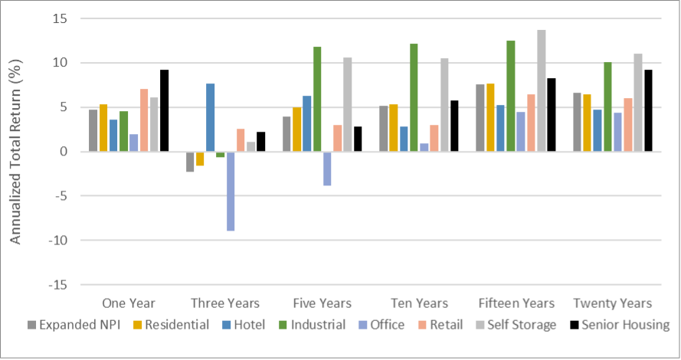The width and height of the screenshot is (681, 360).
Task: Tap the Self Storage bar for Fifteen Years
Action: coord(541,90)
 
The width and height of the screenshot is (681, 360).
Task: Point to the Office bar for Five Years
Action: coord(326,169)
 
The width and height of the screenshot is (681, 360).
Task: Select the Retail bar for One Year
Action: coord(144,120)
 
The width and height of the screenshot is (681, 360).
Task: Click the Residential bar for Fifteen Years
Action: coord(490,117)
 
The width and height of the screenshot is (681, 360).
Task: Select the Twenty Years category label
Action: coord(612,303)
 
